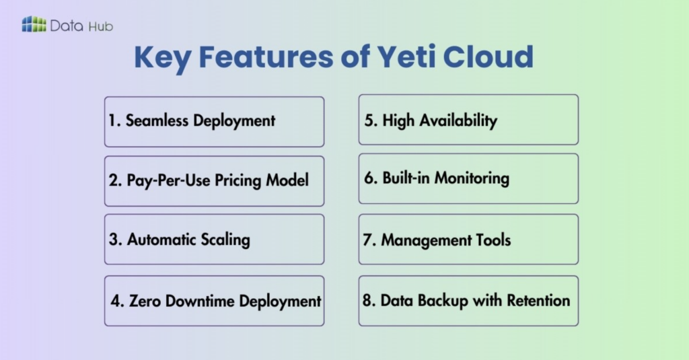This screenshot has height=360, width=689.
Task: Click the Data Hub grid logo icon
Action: click(34, 25)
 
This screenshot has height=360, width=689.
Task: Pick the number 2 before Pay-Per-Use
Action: click(113, 181)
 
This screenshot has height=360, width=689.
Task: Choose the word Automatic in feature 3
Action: click(161, 240)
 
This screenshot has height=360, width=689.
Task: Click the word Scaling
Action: click(223, 240)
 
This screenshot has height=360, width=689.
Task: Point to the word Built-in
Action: click(406, 178)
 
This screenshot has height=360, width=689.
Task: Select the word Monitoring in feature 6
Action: click(472, 178)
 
